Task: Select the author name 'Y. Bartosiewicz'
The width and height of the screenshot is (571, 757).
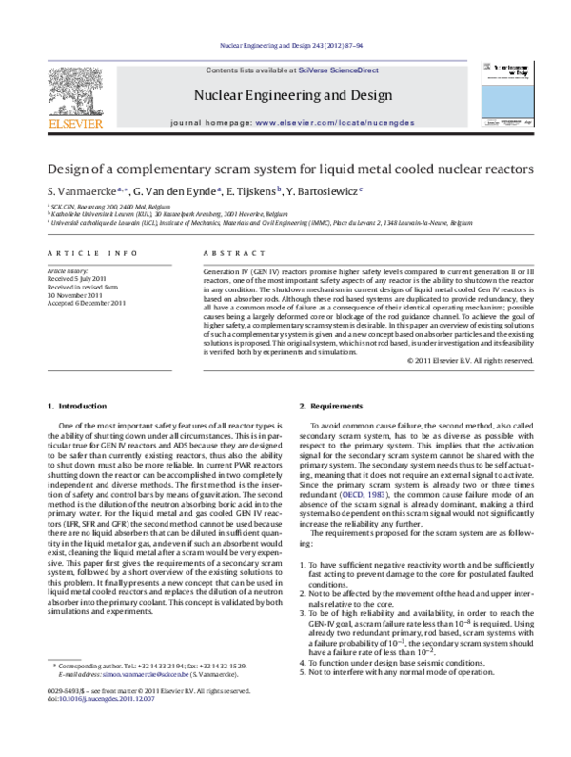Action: tap(321, 190)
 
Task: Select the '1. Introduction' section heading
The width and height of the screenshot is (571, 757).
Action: tap(78, 407)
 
